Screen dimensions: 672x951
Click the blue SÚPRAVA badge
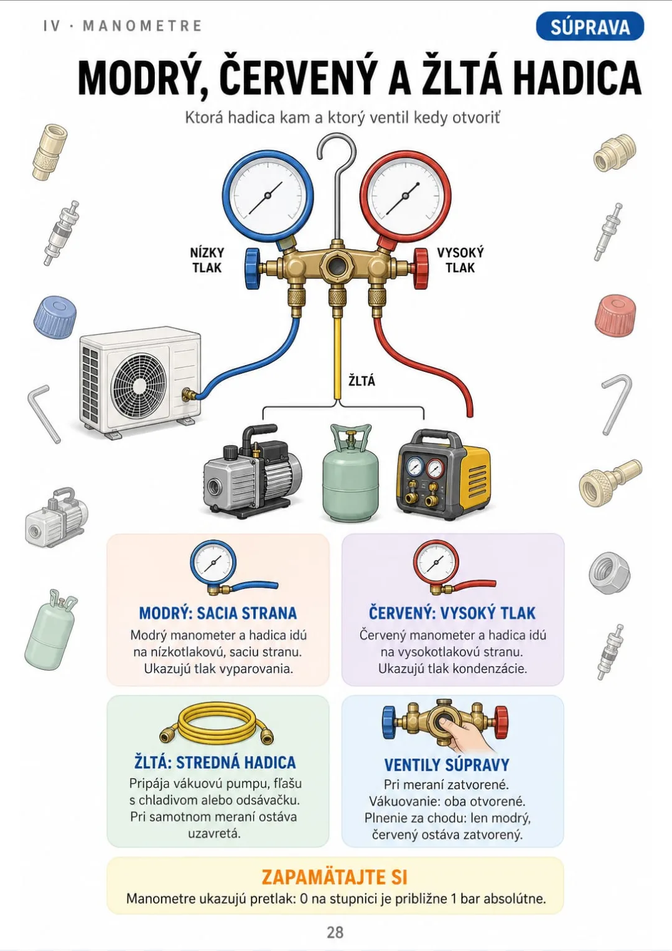point(590,27)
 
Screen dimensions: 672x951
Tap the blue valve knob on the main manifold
point(252,269)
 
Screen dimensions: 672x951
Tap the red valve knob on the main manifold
point(421,269)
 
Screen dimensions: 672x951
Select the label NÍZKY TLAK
point(207,260)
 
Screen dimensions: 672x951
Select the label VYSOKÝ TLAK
point(460,260)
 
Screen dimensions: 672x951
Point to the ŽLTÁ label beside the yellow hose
point(362,381)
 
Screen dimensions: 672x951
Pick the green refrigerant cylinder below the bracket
point(350,473)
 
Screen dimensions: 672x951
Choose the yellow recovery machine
point(443,474)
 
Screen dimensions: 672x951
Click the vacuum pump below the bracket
point(253,471)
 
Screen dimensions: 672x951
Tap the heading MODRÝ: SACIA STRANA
point(218,613)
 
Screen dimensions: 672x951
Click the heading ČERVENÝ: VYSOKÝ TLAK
point(452,613)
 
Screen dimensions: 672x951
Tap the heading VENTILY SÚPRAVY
point(446,764)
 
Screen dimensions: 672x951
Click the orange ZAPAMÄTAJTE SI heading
point(334,877)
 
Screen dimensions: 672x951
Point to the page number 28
point(335,932)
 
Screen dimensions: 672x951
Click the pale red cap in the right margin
point(615,315)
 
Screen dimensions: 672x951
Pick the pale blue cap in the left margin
point(55,317)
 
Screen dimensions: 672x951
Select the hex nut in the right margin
point(610,573)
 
